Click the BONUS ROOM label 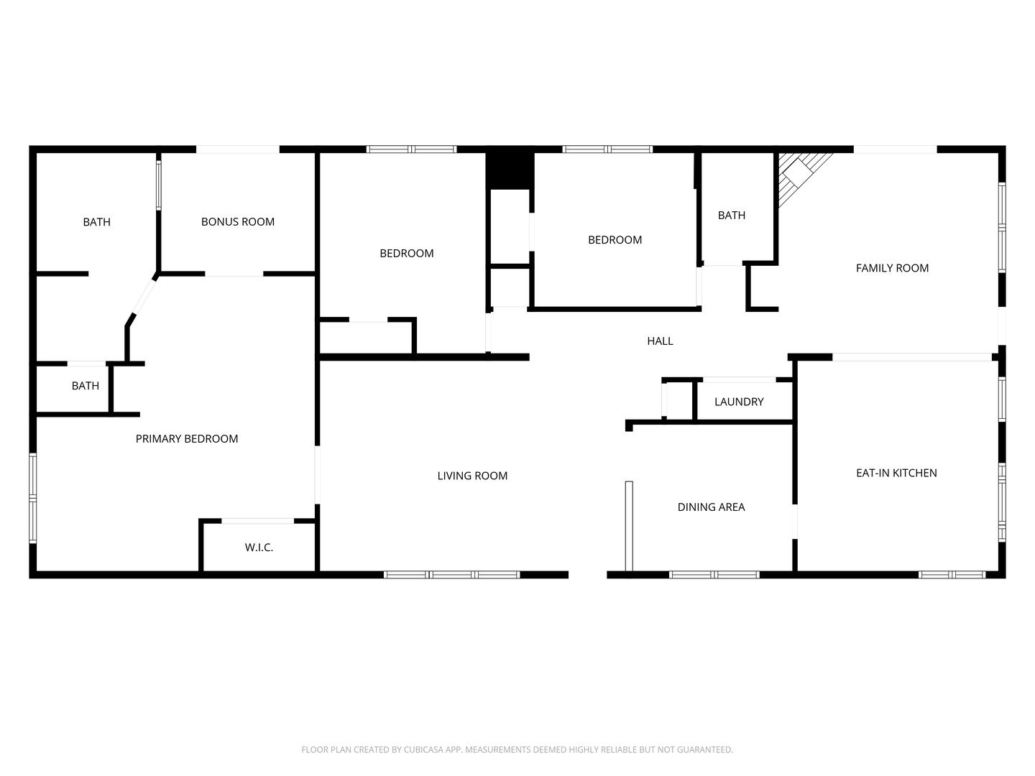[x=238, y=221]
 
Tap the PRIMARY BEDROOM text [x=187, y=438]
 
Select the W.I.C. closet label [x=259, y=548]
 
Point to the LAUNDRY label [x=739, y=402]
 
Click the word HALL [x=660, y=341]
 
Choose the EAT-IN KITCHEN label [x=896, y=473]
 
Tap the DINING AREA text [x=711, y=507]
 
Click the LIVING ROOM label [x=472, y=476]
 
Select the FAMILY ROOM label [x=892, y=268]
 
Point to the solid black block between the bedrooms [x=510, y=170]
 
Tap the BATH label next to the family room [x=732, y=216]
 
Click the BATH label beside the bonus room [x=96, y=222]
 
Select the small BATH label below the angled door [x=86, y=386]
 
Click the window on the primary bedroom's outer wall [x=32, y=497]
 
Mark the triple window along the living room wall [x=451, y=575]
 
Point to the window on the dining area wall [x=714, y=575]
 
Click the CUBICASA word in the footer [x=424, y=749]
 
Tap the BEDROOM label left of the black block [x=407, y=254]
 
